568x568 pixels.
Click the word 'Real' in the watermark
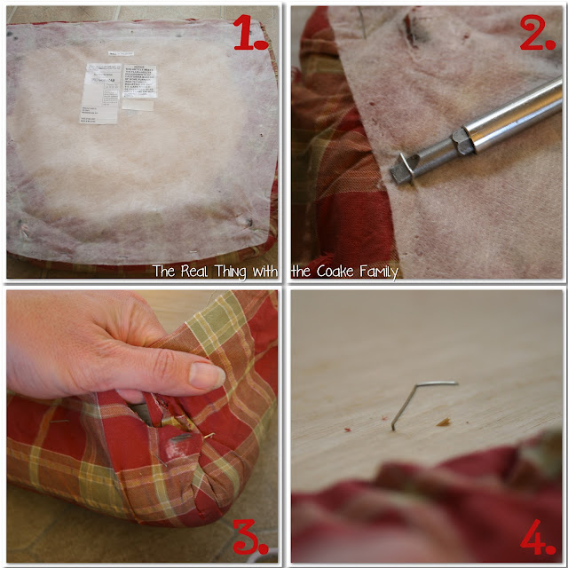197,272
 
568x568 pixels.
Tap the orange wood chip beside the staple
443,421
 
